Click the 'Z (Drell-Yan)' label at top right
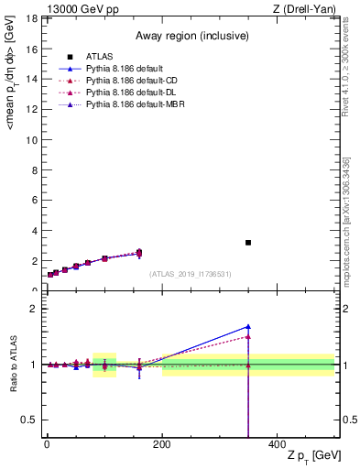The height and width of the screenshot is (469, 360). tap(306, 9)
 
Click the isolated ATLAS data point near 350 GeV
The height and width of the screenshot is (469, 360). tap(248, 243)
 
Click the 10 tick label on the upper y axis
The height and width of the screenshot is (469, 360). tap(30, 139)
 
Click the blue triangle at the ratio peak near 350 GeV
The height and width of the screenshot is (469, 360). tap(248, 326)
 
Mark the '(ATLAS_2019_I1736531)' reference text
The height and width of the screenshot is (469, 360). tap(191, 274)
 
